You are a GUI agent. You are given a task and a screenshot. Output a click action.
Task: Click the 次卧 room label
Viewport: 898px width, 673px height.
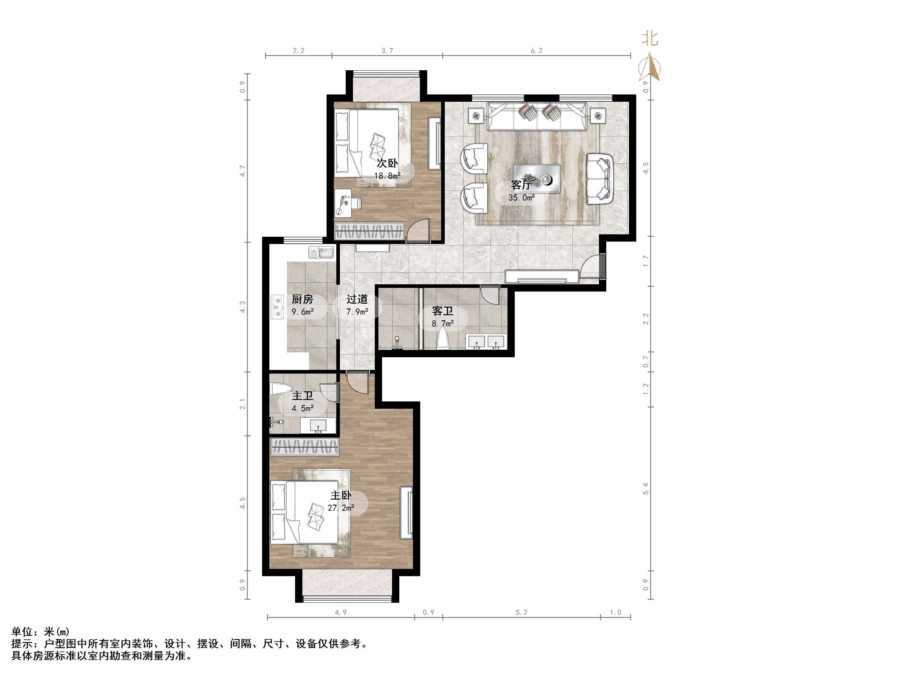pos(387,163)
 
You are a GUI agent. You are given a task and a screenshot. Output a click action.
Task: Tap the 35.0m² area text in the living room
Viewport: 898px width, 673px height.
pos(521,198)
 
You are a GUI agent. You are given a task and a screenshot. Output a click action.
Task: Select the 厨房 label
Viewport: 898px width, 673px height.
pos(302,299)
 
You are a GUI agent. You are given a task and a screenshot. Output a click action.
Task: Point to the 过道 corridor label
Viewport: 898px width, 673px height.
pos(357,299)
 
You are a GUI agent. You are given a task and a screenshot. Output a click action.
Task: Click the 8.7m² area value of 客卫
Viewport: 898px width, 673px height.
pos(443,324)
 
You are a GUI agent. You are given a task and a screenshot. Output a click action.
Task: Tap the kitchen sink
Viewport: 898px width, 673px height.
pos(321,252)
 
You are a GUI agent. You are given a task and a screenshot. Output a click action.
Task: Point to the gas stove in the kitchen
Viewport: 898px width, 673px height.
pos(278,307)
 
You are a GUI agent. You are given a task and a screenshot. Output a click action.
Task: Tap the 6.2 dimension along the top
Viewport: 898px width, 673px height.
pos(536,51)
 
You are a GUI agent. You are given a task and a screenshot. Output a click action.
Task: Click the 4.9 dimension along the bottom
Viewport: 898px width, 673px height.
pos(341,612)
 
